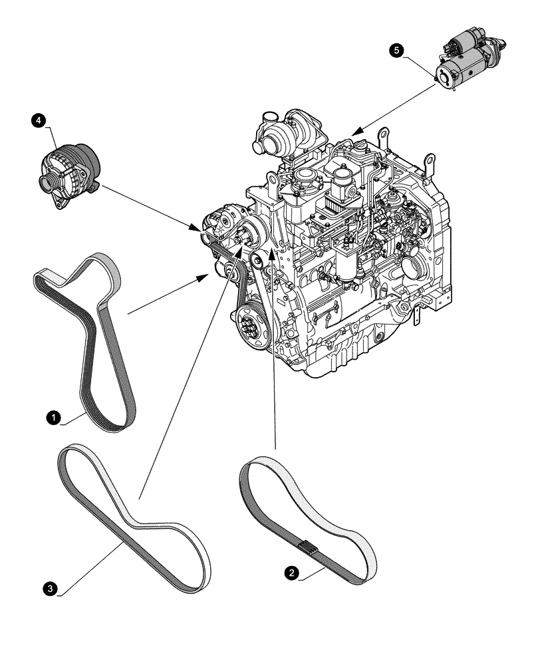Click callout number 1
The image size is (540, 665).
coord(51,418)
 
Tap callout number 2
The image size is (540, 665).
coord(291,571)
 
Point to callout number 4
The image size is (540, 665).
coord(39,120)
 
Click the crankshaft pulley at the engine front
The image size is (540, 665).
coord(251,327)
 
